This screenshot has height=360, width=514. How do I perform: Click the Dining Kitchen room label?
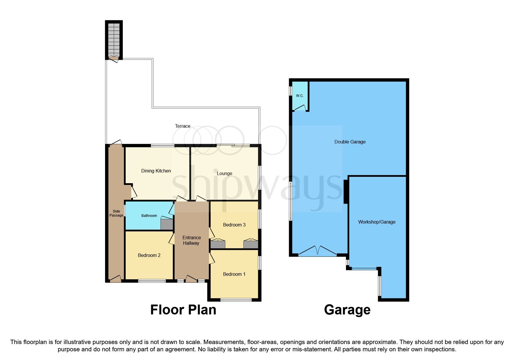[x=156, y=171]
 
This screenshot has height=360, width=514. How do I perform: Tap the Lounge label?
[x=224, y=173]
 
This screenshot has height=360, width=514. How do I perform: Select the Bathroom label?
[x=149, y=215]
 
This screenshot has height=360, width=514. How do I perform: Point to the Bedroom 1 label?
[x=234, y=274]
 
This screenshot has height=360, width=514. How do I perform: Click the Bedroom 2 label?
[x=149, y=255]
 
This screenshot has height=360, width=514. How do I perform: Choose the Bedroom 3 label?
[x=234, y=225]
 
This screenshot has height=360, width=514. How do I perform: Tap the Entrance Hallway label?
[x=191, y=240]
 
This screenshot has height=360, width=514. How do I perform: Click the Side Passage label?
[x=116, y=213]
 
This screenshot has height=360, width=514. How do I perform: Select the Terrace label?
[x=183, y=126]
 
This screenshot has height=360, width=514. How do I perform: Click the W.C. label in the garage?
[x=300, y=96]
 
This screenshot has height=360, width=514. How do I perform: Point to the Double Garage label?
[x=350, y=142]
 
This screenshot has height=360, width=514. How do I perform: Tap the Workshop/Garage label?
[x=376, y=222]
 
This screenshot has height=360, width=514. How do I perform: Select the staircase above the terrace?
[x=114, y=39]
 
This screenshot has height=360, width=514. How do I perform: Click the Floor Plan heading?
[x=183, y=310]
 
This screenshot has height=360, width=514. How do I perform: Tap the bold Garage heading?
[x=347, y=310]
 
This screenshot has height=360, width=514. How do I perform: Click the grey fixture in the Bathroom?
[x=167, y=225]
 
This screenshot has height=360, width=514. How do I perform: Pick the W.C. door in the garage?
[x=300, y=109]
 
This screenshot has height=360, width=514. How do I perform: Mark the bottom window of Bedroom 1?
[x=236, y=300]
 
